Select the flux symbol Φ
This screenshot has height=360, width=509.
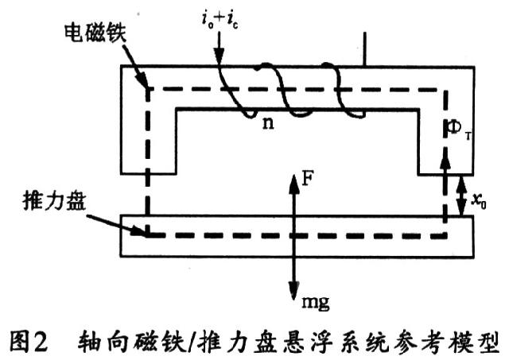pyautogui.click(x=449, y=130)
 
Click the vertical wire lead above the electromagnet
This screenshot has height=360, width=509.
pyautogui.click(x=365, y=48)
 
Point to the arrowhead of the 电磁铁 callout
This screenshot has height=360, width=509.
pyautogui.click(x=146, y=86)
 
